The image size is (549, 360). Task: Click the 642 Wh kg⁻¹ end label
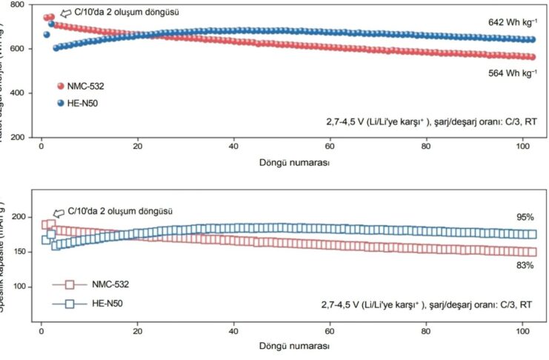[511, 23]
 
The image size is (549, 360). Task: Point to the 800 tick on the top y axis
[21, 4]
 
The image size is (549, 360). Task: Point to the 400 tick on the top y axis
[21, 93]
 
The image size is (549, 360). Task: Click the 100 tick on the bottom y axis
[21, 287]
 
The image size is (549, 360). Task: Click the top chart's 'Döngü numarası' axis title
[293, 161]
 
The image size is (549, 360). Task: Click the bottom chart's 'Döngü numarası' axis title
[293, 345]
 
